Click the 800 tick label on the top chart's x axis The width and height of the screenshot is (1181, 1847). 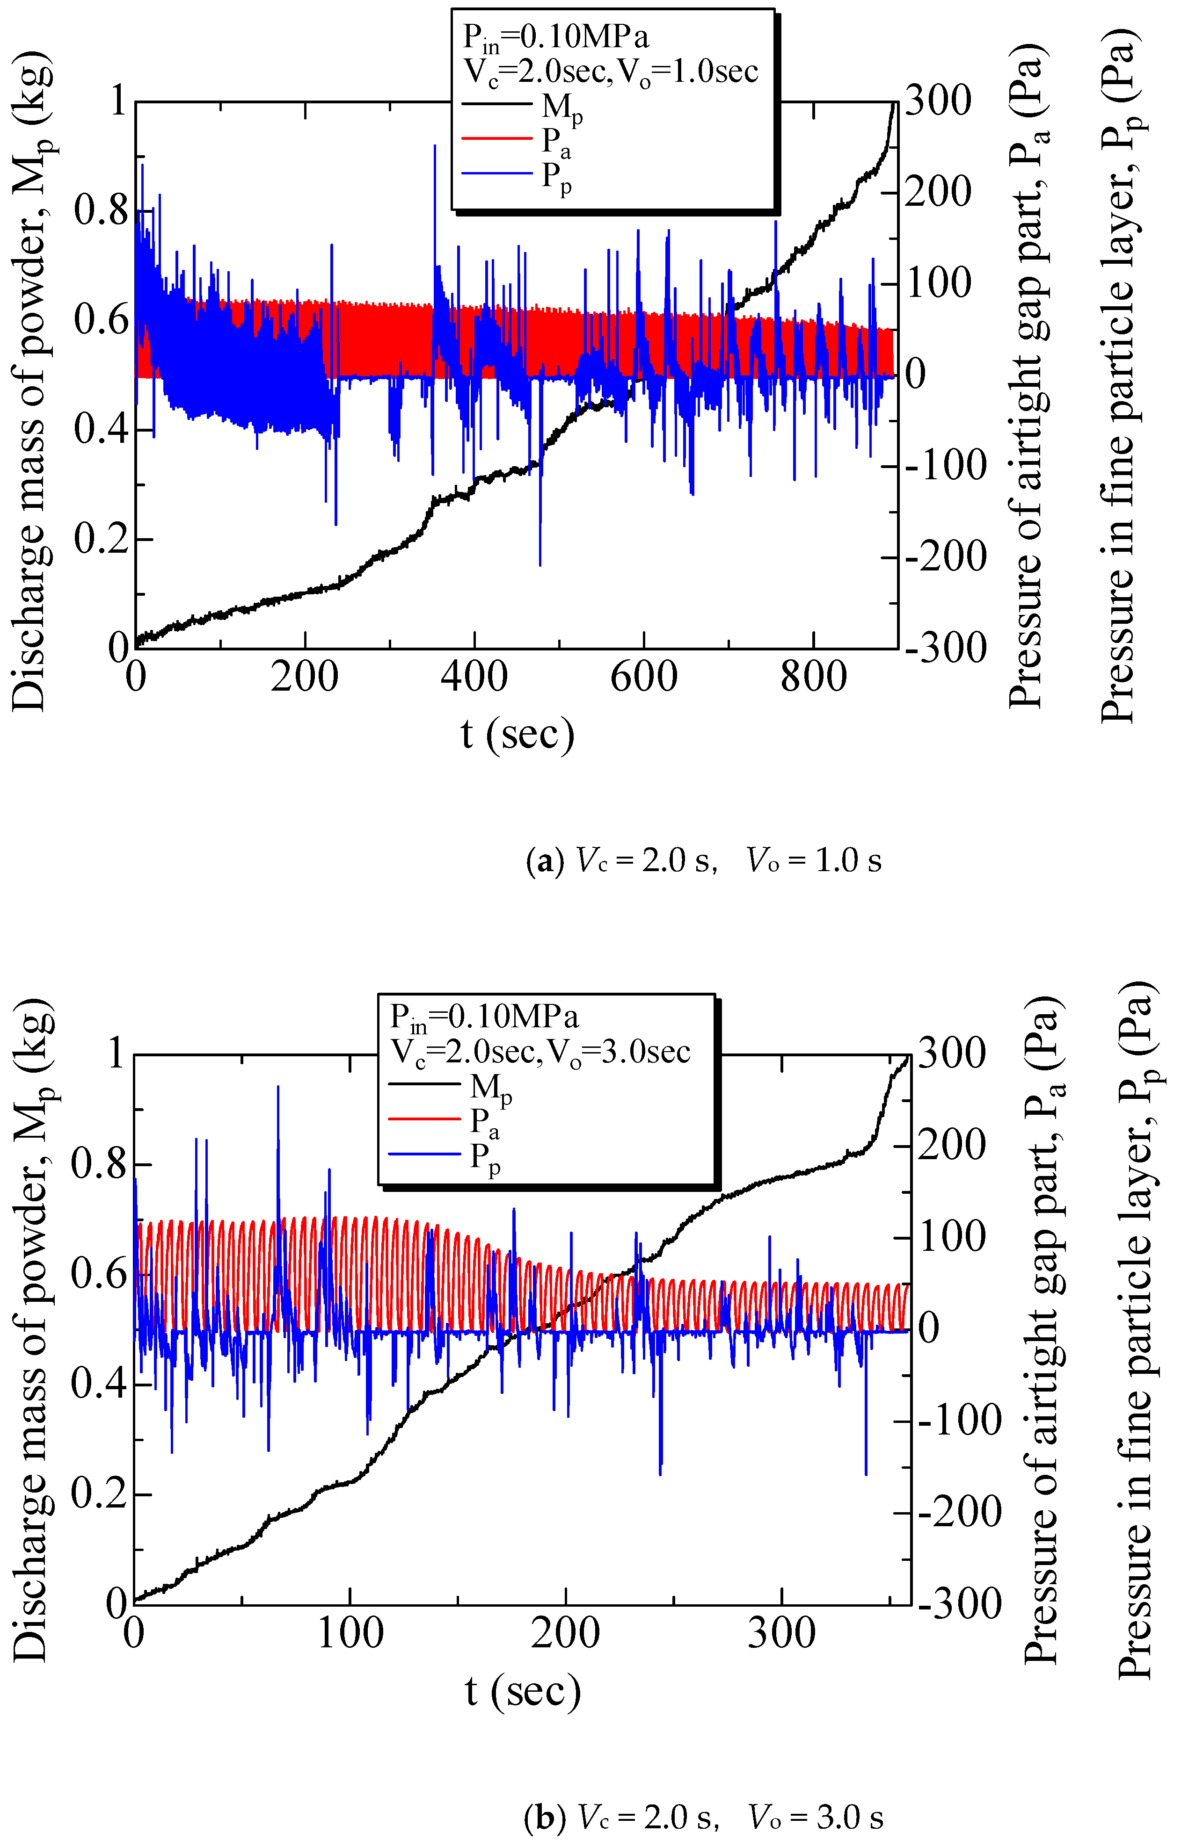tap(813, 677)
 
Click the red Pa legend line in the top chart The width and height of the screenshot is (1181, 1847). tap(496, 138)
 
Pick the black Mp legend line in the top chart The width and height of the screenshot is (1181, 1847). tap(496, 103)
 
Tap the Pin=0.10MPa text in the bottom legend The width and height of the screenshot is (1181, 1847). tap(483, 1016)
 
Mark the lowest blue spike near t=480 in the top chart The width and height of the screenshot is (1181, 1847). tap(540, 564)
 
